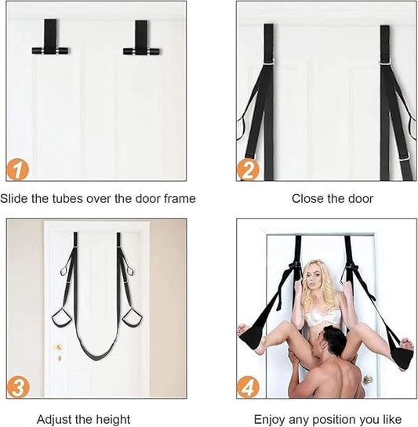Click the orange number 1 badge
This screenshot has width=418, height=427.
tap(18, 170)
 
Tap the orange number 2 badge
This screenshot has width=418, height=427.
tap(248, 170)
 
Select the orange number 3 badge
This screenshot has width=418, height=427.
tap(18, 387)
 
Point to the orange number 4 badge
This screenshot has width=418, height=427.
tap(248, 387)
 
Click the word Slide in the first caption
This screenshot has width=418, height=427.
tap(14, 198)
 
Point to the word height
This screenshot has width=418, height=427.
tap(113, 419)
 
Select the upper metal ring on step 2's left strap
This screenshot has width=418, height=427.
tap(270, 62)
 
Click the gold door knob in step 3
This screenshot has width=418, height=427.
tap(59, 348)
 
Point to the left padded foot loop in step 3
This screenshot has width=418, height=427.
tap(62, 317)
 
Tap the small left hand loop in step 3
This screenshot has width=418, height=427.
tap(64, 270)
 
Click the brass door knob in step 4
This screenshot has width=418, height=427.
tap(369, 378)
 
